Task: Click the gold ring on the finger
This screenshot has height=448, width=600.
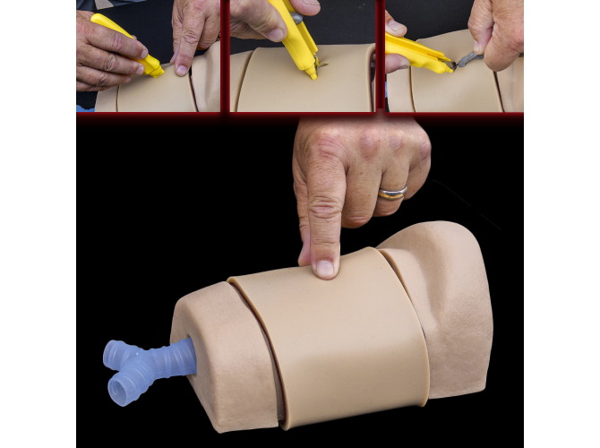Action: pyautogui.click(x=392, y=192)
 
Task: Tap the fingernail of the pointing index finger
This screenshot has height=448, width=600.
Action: pyautogui.click(x=324, y=266)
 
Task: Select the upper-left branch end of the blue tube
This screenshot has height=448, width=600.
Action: pyautogui.click(x=115, y=352)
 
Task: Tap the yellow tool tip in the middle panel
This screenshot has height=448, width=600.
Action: pyautogui.click(x=313, y=70)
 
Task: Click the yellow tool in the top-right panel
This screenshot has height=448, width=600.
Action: pyautogui.click(x=417, y=54)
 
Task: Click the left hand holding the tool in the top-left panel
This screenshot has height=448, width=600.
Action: pyautogui.click(x=103, y=54)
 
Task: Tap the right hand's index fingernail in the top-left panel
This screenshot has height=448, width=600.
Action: pyautogui.click(x=182, y=69)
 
